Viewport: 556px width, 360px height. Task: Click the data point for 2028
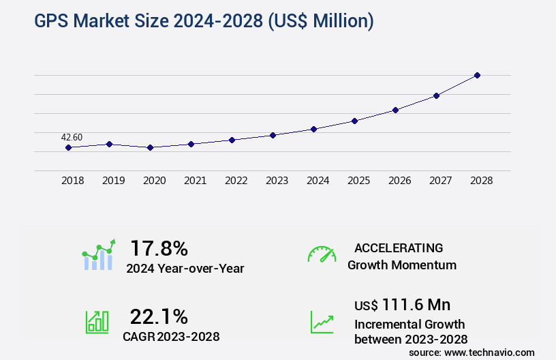477,75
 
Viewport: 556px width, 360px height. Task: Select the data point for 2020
150,147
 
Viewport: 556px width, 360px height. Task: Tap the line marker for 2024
313,129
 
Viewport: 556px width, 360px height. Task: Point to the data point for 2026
395,110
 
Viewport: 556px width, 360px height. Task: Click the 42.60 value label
72,137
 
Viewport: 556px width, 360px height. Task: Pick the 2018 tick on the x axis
73,181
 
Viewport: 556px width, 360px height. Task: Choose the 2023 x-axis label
277,181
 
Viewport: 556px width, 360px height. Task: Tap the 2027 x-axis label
441,181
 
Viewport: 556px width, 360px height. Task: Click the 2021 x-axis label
196,181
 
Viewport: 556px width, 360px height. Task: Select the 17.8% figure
159,248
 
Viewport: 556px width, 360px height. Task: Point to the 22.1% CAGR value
159,316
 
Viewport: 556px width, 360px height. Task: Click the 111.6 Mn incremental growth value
416,305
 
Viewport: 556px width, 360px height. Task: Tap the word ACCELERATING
399,248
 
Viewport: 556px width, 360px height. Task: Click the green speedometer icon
322,254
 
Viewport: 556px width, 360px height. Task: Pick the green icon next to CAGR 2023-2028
97,322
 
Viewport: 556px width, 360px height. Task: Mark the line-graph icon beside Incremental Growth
322,322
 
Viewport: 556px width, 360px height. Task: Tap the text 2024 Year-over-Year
185,269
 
